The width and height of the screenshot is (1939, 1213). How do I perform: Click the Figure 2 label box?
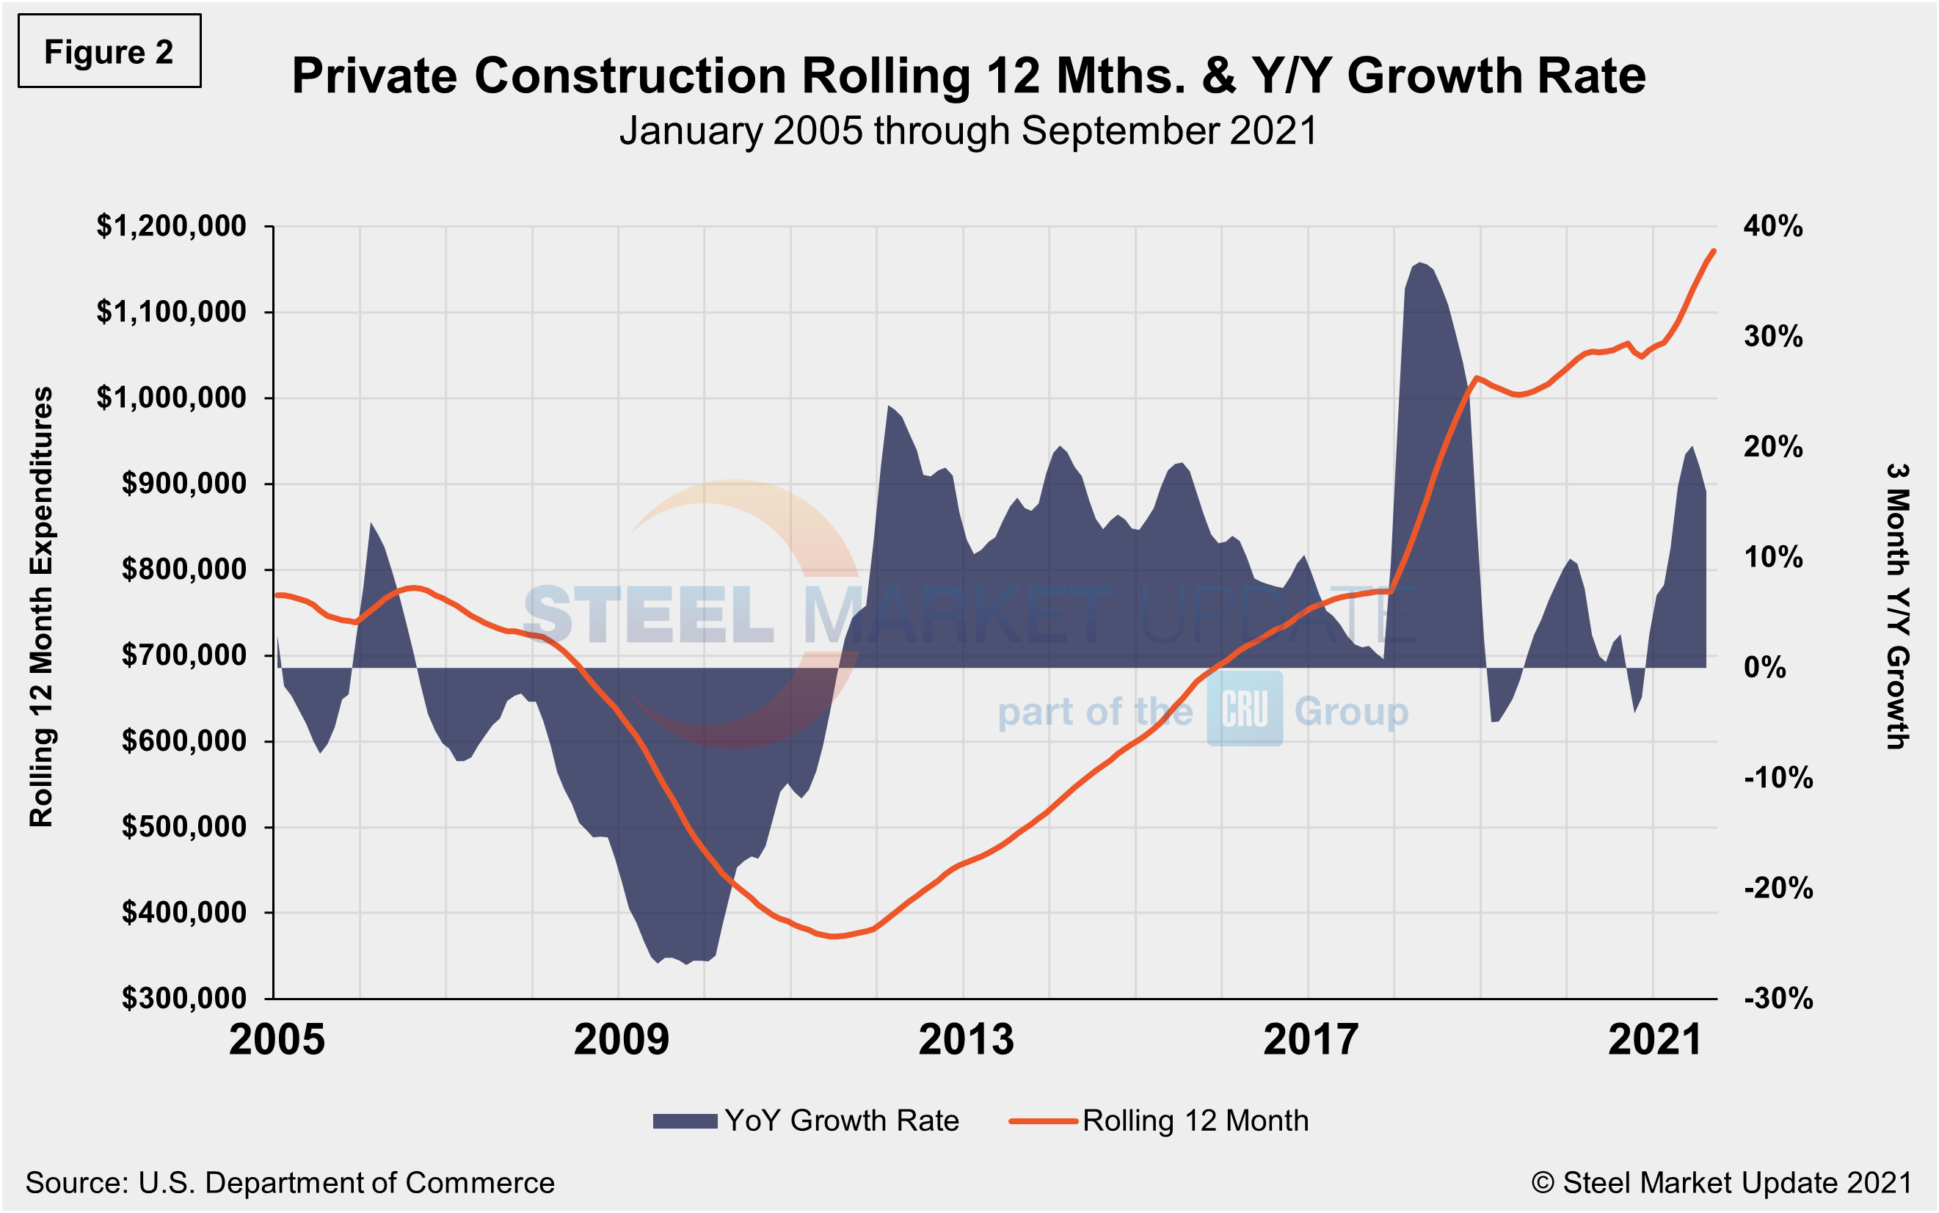tap(109, 51)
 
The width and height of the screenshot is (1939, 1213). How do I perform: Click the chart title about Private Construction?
tap(968, 76)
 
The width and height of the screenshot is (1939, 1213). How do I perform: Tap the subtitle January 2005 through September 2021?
tap(968, 131)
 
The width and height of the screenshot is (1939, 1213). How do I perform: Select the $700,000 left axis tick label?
tap(183, 655)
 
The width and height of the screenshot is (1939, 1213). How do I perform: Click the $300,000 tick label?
tap(183, 998)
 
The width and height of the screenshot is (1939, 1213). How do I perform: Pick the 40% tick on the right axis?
tap(1773, 226)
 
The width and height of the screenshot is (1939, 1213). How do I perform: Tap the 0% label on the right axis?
tap(1765, 668)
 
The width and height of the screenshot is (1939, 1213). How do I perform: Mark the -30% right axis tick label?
tap(1778, 999)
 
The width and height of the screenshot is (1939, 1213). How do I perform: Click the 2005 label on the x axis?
tap(277, 1041)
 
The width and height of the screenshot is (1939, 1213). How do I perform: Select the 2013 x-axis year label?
tap(966, 1041)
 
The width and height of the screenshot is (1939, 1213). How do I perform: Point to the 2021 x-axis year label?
tap(1655, 1041)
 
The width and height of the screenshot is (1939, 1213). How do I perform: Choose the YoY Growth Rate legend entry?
tap(807, 1121)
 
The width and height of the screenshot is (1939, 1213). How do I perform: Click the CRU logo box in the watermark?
tap(1244, 709)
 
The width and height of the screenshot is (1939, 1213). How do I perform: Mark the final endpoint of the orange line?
tap(1714, 251)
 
